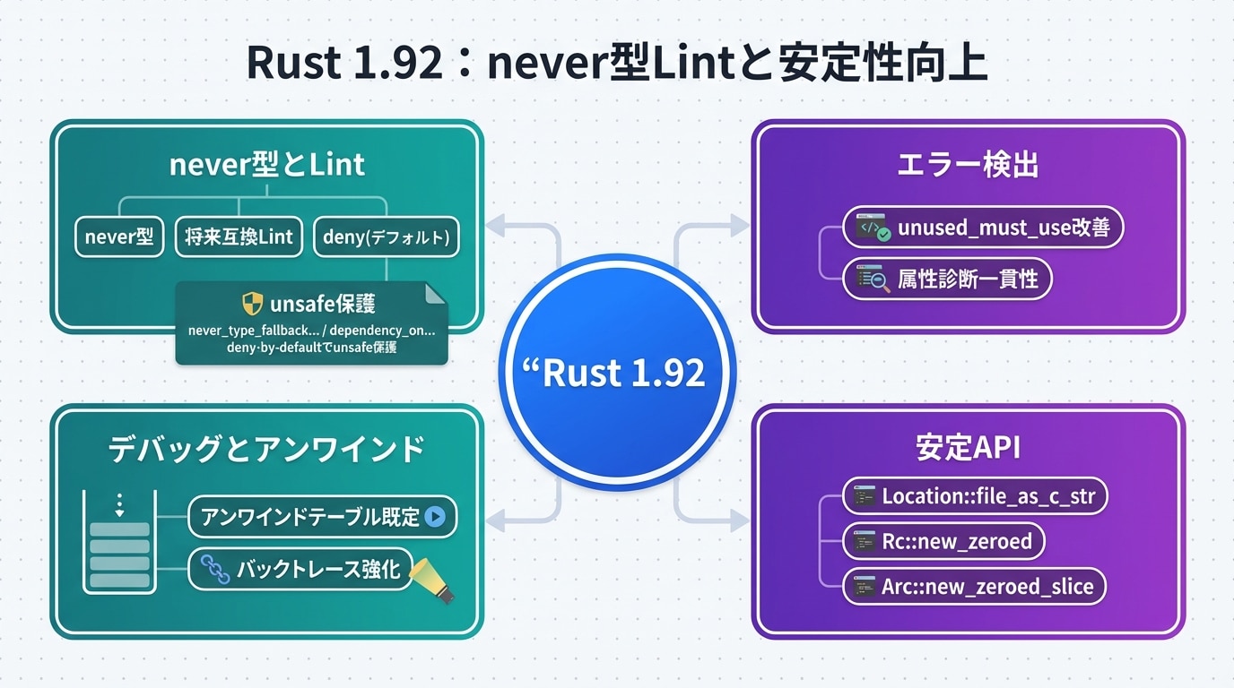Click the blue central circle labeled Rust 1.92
click(617, 372)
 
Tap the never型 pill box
click(119, 237)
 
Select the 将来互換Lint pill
click(239, 237)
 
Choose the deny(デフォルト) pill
click(386, 237)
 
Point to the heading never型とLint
click(267, 165)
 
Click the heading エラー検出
click(968, 165)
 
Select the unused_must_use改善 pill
click(983, 228)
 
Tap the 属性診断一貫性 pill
click(947, 279)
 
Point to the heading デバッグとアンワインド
click(266, 449)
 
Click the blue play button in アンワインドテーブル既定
click(435, 517)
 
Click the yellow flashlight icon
click(433, 580)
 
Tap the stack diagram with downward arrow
click(119, 542)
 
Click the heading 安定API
click(968, 448)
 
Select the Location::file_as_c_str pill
click(975, 495)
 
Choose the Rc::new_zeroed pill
click(943, 541)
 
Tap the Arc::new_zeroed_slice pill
click(974, 587)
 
